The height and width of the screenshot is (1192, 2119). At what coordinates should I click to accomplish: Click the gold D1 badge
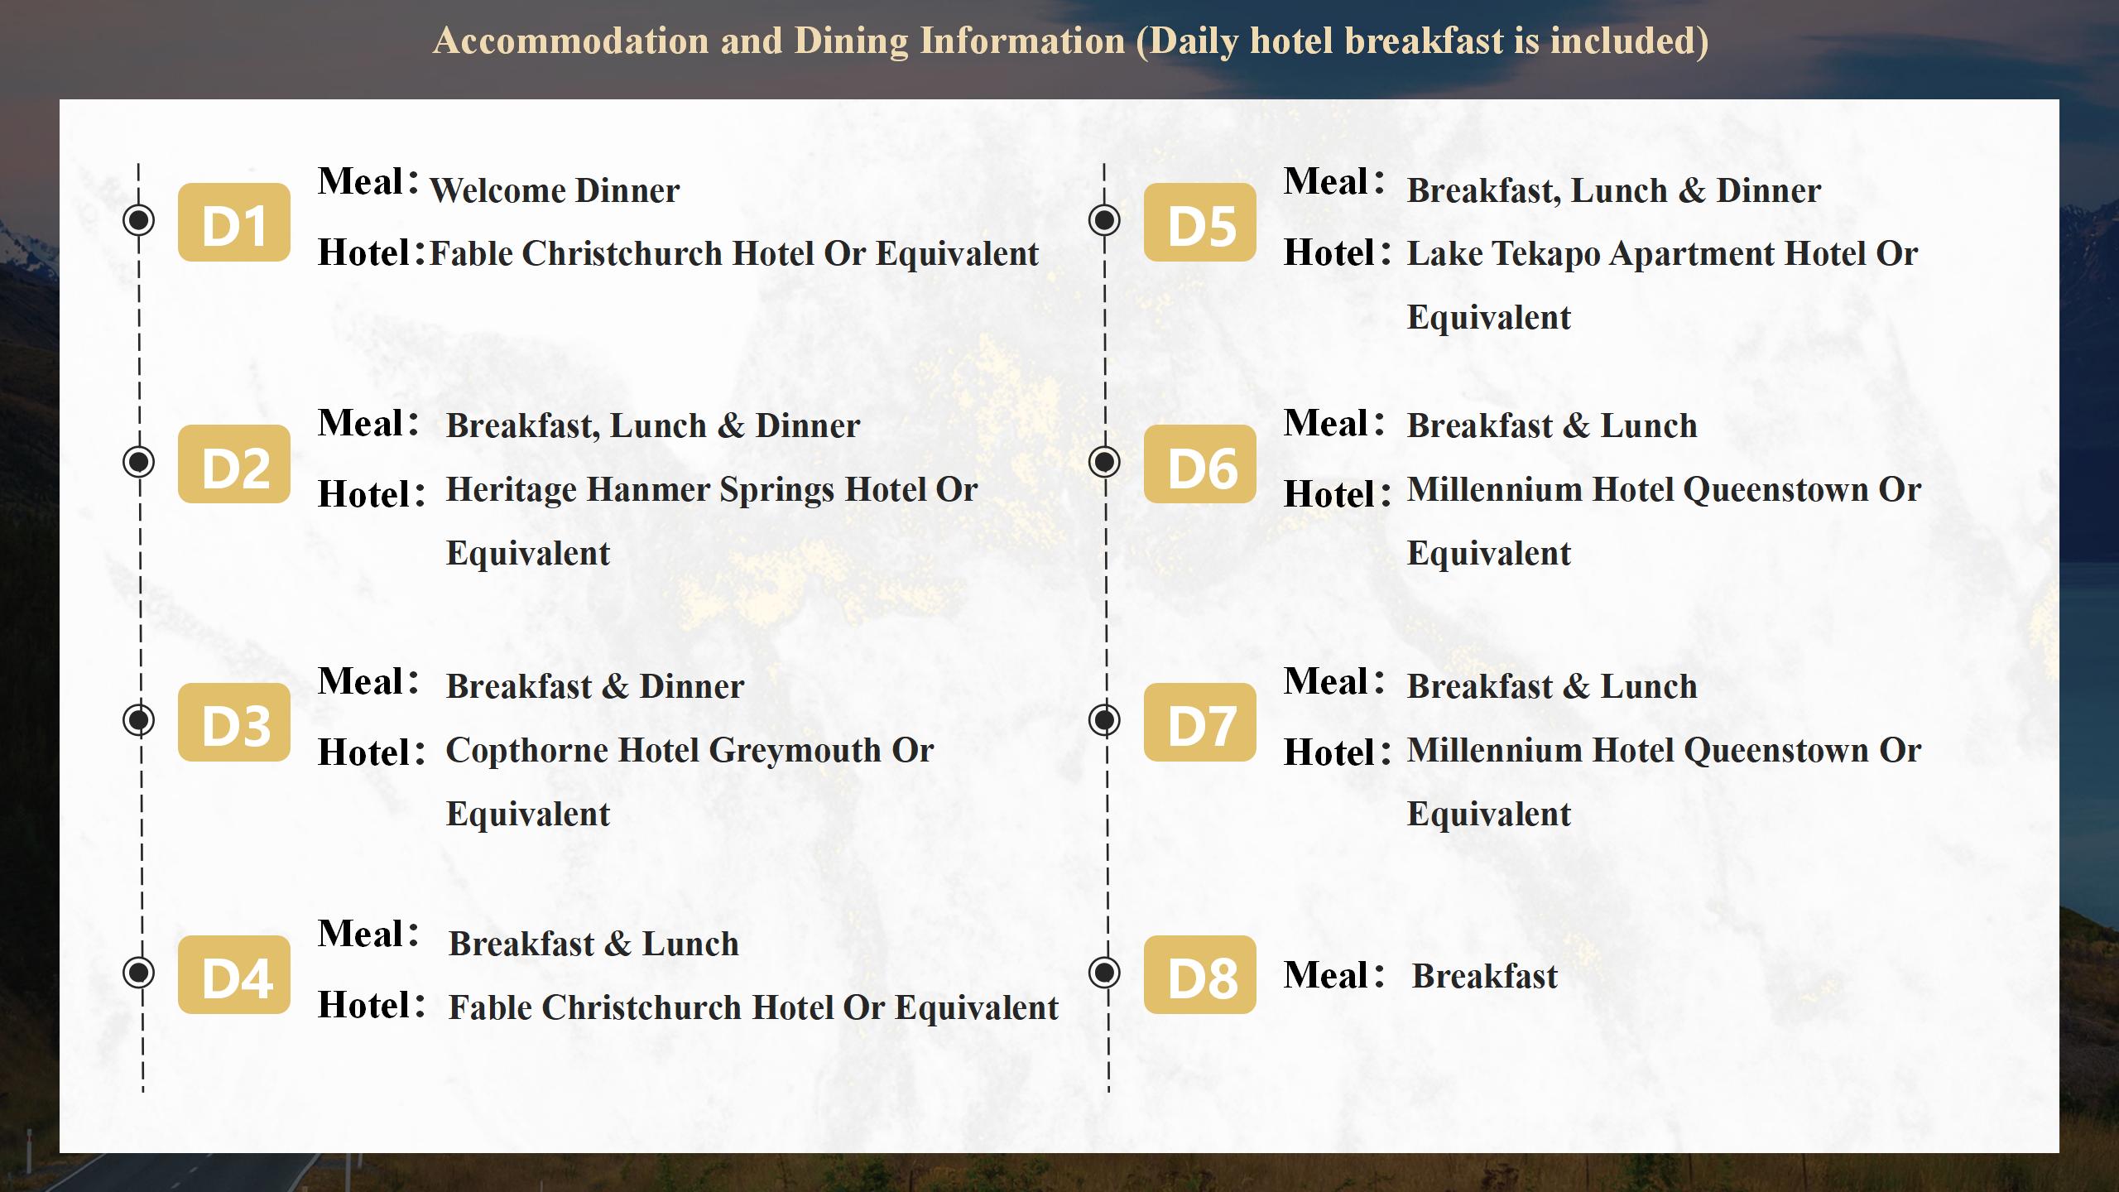234,222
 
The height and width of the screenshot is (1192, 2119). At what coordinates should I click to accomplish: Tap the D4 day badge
234,974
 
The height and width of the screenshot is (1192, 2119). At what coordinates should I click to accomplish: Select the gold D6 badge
1200,464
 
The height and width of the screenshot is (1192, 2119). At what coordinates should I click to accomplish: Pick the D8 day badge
1200,974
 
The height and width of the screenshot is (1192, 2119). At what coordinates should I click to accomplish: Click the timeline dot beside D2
138,461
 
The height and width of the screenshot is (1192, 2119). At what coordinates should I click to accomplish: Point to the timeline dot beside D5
1104,219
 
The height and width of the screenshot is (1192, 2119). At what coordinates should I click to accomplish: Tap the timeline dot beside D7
1104,719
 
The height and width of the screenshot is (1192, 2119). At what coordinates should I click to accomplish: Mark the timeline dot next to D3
138,719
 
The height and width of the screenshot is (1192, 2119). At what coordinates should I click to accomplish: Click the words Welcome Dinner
555,190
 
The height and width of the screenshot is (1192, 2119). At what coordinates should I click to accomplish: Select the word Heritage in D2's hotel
512,491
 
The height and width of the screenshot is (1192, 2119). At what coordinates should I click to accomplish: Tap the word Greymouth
795,752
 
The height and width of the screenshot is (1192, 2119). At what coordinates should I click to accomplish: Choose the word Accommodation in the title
571,41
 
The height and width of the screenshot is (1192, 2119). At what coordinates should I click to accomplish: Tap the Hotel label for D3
372,752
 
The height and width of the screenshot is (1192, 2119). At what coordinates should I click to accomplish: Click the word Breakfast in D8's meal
1485,976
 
